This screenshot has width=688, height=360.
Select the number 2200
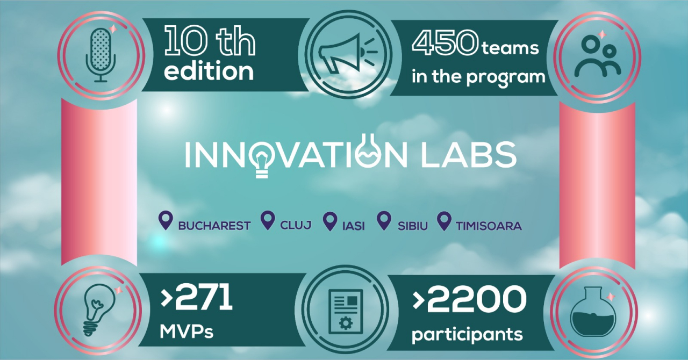click(x=475, y=300)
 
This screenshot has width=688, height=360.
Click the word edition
click(x=209, y=72)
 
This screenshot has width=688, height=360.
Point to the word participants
click(x=467, y=334)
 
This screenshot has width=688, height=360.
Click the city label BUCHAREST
click(x=214, y=226)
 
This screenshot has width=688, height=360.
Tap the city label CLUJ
click(x=296, y=225)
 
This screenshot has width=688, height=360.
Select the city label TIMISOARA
click(x=489, y=226)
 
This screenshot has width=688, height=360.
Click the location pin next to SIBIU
click(x=383, y=221)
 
